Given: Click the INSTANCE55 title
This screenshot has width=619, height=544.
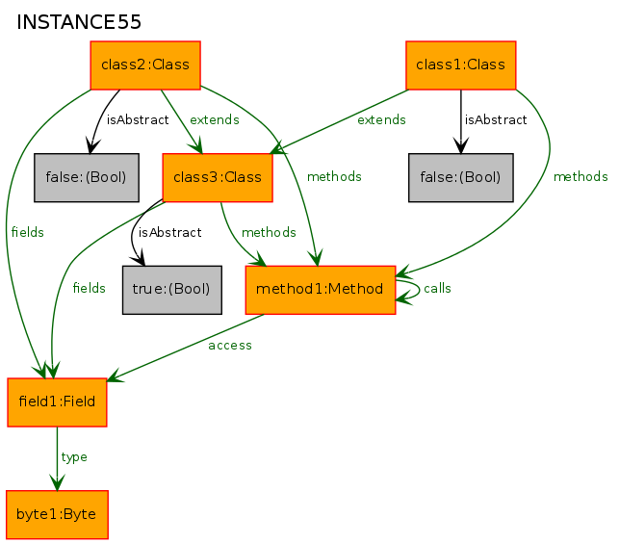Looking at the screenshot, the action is [79, 22].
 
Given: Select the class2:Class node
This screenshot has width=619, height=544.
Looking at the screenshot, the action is [145, 65].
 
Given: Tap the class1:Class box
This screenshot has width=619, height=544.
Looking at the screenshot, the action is [461, 65].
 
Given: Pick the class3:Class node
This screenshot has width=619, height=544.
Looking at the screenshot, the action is [218, 178].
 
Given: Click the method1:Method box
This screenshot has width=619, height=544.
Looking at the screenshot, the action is [321, 290].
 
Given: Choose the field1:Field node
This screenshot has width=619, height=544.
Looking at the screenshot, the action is [57, 402].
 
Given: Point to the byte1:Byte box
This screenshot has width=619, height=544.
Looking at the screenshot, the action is [57, 515].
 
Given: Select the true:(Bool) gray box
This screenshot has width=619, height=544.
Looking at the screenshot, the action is [172, 290].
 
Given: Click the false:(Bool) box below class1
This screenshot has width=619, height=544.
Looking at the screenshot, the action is [461, 178].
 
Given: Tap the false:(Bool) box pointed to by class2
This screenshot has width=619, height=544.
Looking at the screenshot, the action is [87, 178].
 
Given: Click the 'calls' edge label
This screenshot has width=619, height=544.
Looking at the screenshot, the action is [437, 289].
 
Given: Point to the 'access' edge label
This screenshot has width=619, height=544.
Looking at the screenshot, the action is [230, 346].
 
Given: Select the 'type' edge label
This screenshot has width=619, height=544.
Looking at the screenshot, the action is [74, 457].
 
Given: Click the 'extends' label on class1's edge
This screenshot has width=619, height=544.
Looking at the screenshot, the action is [381, 119].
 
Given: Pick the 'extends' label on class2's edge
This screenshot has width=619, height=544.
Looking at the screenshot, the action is [215, 119].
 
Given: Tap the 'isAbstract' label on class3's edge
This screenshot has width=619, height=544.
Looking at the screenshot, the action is [169, 232].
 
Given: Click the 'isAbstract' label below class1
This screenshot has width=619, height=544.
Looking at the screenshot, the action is [496, 119].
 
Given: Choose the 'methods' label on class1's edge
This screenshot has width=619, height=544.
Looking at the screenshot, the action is [580, 176].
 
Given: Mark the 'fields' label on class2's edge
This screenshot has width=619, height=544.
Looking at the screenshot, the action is [28, 232].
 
